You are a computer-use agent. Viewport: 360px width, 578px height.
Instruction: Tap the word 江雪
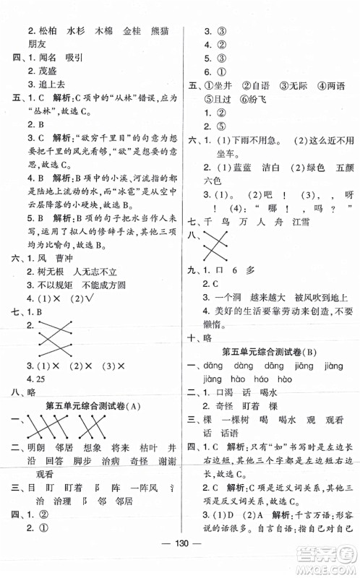(315, 223)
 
